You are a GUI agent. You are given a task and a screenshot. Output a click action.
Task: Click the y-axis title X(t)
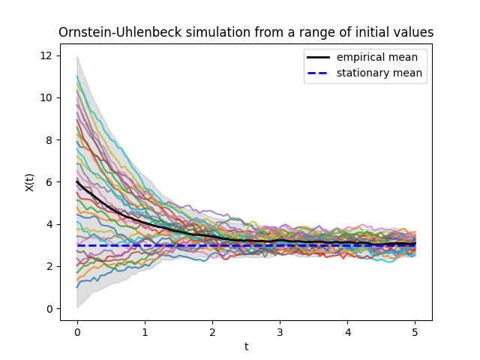[30, 181]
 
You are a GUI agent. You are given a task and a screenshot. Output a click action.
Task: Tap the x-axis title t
[246, 346]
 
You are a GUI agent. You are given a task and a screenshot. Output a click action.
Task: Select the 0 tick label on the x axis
[77, 331]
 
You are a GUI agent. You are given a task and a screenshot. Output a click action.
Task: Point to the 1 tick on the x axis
[145, 331]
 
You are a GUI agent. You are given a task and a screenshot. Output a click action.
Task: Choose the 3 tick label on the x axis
[280, 331]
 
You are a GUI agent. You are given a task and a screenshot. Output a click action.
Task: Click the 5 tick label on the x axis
[415, 331]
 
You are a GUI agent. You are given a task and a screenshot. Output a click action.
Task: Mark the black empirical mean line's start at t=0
[77, 181]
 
